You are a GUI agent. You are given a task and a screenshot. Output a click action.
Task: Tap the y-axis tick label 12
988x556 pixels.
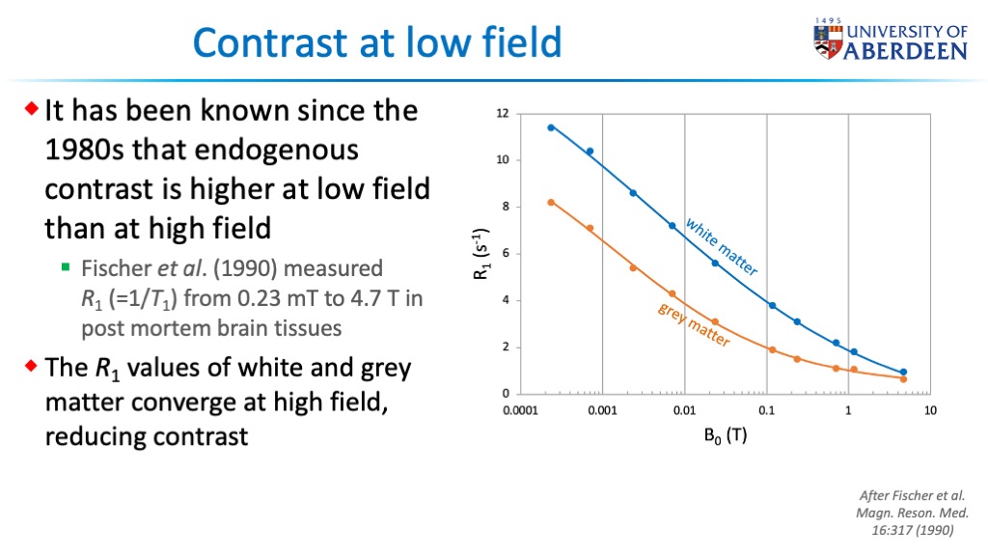point(502,114)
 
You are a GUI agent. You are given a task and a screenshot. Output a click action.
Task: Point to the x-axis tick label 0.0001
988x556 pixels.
point(520,411)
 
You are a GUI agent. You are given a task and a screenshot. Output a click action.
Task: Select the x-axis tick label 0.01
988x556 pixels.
point(684,411)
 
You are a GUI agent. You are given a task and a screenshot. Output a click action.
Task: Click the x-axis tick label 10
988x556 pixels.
point(930,411)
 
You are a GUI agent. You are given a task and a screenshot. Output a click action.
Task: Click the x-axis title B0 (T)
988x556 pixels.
point(726,435)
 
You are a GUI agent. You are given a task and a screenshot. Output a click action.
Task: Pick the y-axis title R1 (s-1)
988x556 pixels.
point(481,254)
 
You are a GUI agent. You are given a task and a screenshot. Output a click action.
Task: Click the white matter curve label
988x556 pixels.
point(722,246)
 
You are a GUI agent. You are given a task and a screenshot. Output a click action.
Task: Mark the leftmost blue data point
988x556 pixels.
point(551,127)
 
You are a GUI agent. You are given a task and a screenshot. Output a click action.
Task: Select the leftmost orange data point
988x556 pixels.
point(551,203)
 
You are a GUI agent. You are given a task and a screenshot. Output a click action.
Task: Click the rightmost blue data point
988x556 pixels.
point(903,372)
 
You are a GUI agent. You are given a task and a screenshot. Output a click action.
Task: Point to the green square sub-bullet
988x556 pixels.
point(66,267)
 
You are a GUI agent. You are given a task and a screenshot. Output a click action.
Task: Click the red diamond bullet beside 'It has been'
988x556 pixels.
point(32,108)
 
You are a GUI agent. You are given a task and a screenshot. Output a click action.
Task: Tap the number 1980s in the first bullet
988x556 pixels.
point(85,150)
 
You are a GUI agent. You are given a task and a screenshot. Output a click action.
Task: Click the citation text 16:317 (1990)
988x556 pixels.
point(913,530)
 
